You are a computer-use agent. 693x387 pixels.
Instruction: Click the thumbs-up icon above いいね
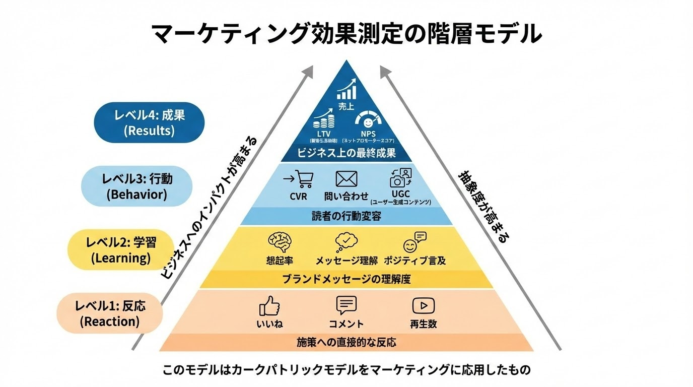pyautogui.click(x=269, y=306)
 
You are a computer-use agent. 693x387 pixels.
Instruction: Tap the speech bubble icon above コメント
pyautogui.click(x=346, y=305)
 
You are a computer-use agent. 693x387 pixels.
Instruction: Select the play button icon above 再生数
pyautogui.click(x=423, y=305)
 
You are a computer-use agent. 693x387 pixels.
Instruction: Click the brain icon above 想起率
pyautogui.click(x=279, y=242)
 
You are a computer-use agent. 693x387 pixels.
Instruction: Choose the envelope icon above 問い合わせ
pyautogui.click(x=346, y=179)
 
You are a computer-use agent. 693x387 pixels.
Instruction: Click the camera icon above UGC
pyautogui.click(x=400, y=178)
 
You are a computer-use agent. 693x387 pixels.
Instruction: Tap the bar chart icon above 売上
pyautogui.click(x=346, y=90)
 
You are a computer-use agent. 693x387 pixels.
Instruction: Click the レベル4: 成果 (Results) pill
pyautogui.click(x=150, y=122)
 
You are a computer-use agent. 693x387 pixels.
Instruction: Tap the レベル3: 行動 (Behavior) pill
pyautogui.click(x=136, y=186)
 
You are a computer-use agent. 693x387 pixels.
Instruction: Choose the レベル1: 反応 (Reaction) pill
pyautogui.click(x=110, y=313)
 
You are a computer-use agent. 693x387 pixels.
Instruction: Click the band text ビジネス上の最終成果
pyautogui.click(x=346, y=153)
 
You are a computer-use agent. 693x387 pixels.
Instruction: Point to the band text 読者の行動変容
pyautogui.click(x=346, y=216)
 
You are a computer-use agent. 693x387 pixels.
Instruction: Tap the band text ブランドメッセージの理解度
pyautogui.click(x=346, y=279)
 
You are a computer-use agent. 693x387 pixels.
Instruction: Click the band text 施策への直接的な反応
pyautogui.click(x=346, y=343)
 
